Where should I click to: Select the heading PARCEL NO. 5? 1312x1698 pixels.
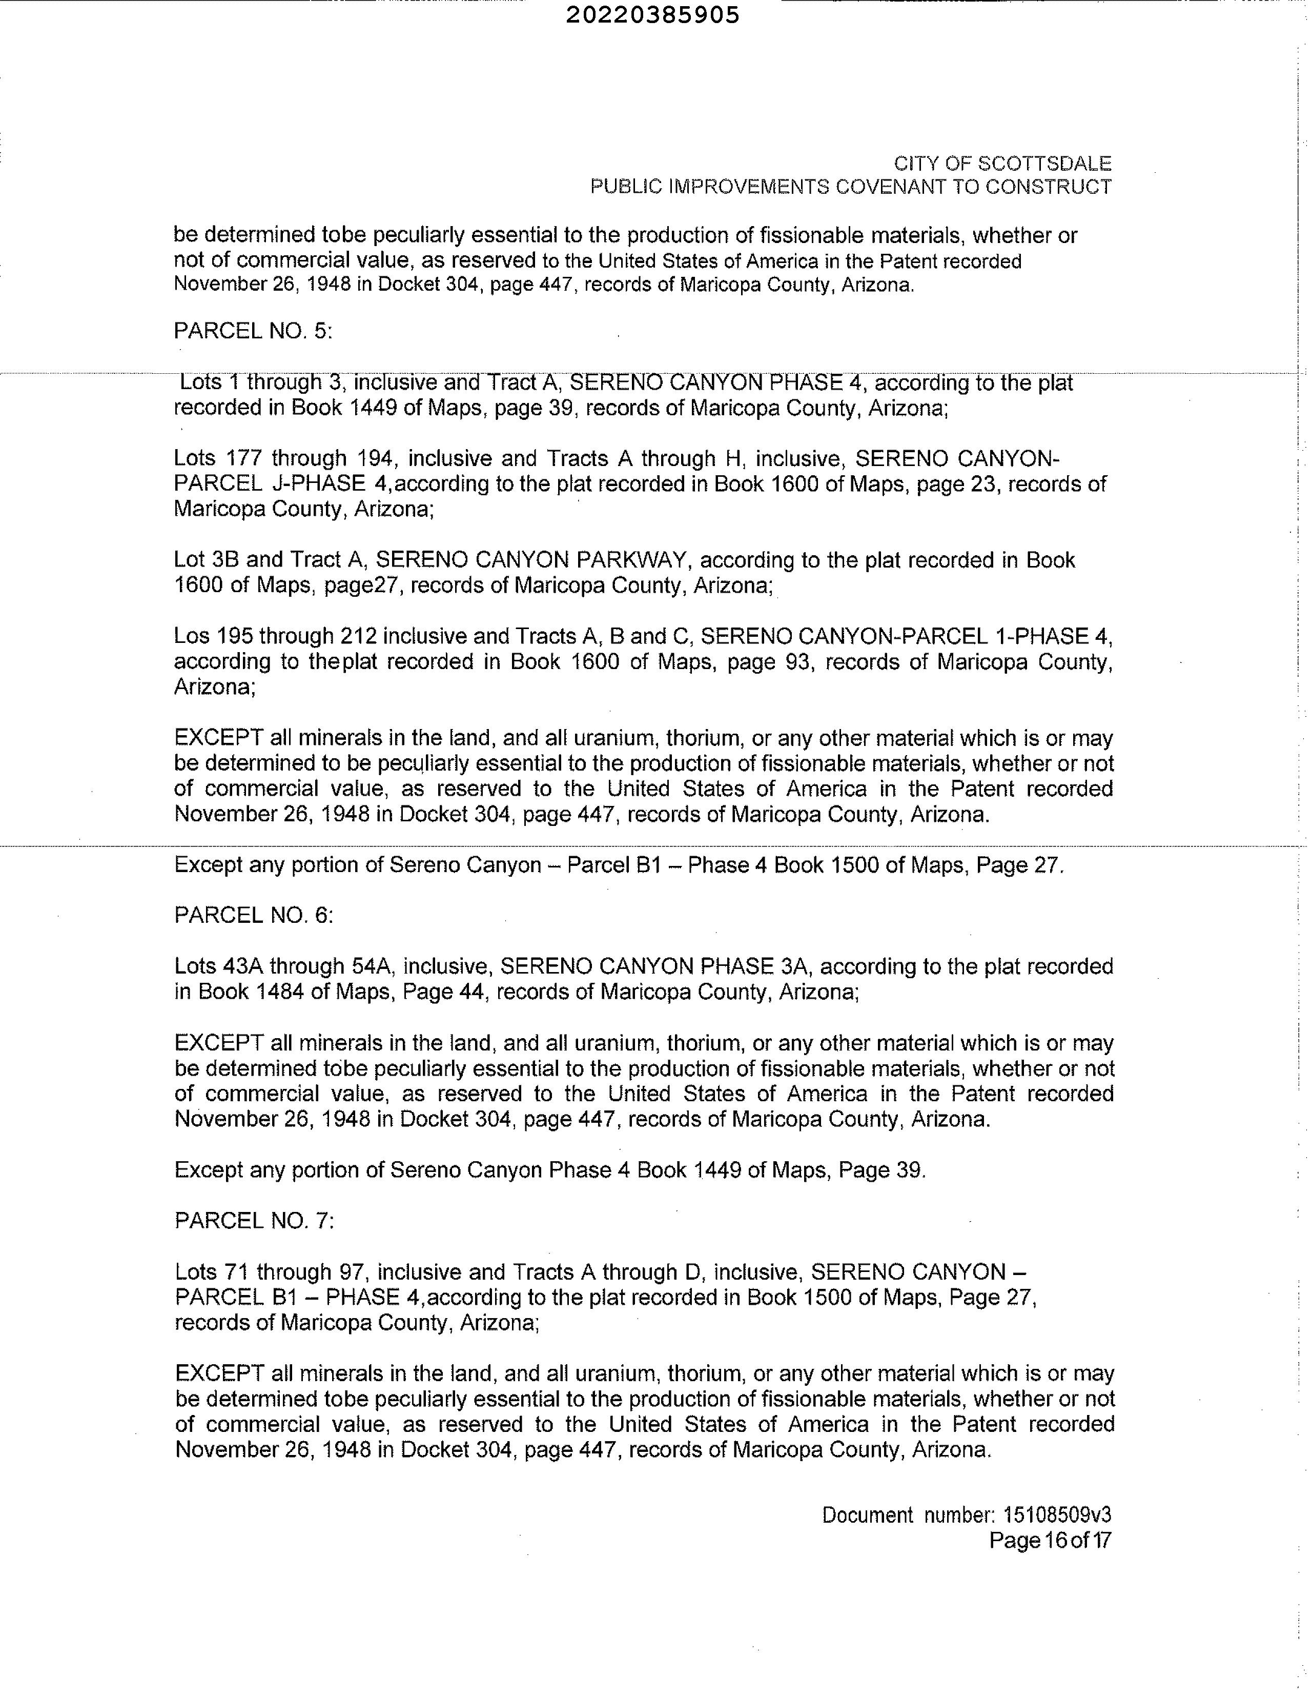tap(253, 331)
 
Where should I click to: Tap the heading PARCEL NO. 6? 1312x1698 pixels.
tap(253, 916)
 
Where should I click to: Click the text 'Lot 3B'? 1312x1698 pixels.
tap(206, 560)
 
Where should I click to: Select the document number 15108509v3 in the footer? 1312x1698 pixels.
tap(1057, 1515)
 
